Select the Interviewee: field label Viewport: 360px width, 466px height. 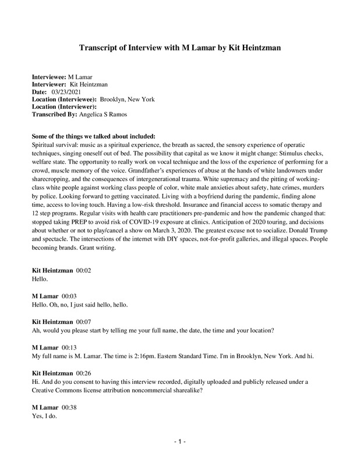click(49, 77)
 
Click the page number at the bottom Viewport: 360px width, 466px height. click(180, 442)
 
